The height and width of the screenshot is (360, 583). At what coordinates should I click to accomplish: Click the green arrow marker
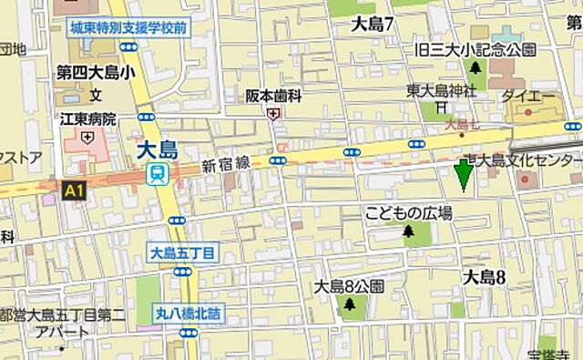coord(464,174)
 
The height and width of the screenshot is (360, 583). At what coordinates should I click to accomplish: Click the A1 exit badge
coord(72,190)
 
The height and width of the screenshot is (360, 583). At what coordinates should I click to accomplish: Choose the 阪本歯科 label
coord(274,95)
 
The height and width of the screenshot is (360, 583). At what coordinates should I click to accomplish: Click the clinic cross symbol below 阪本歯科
coord(273,113)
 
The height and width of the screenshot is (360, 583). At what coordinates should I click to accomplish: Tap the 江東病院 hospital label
coord(88,119)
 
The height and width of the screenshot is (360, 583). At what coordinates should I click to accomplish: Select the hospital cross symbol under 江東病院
coord(87,138)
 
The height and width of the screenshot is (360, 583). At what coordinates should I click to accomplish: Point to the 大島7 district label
coord(372,25)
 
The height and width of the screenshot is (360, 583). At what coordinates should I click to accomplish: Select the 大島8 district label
coord(484,277)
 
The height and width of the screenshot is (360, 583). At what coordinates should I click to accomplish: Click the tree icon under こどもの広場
coord(408,232)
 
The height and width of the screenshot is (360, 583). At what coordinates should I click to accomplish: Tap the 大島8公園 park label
coord(349,286)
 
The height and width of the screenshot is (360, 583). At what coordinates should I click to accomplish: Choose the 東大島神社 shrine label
coord(441,90)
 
